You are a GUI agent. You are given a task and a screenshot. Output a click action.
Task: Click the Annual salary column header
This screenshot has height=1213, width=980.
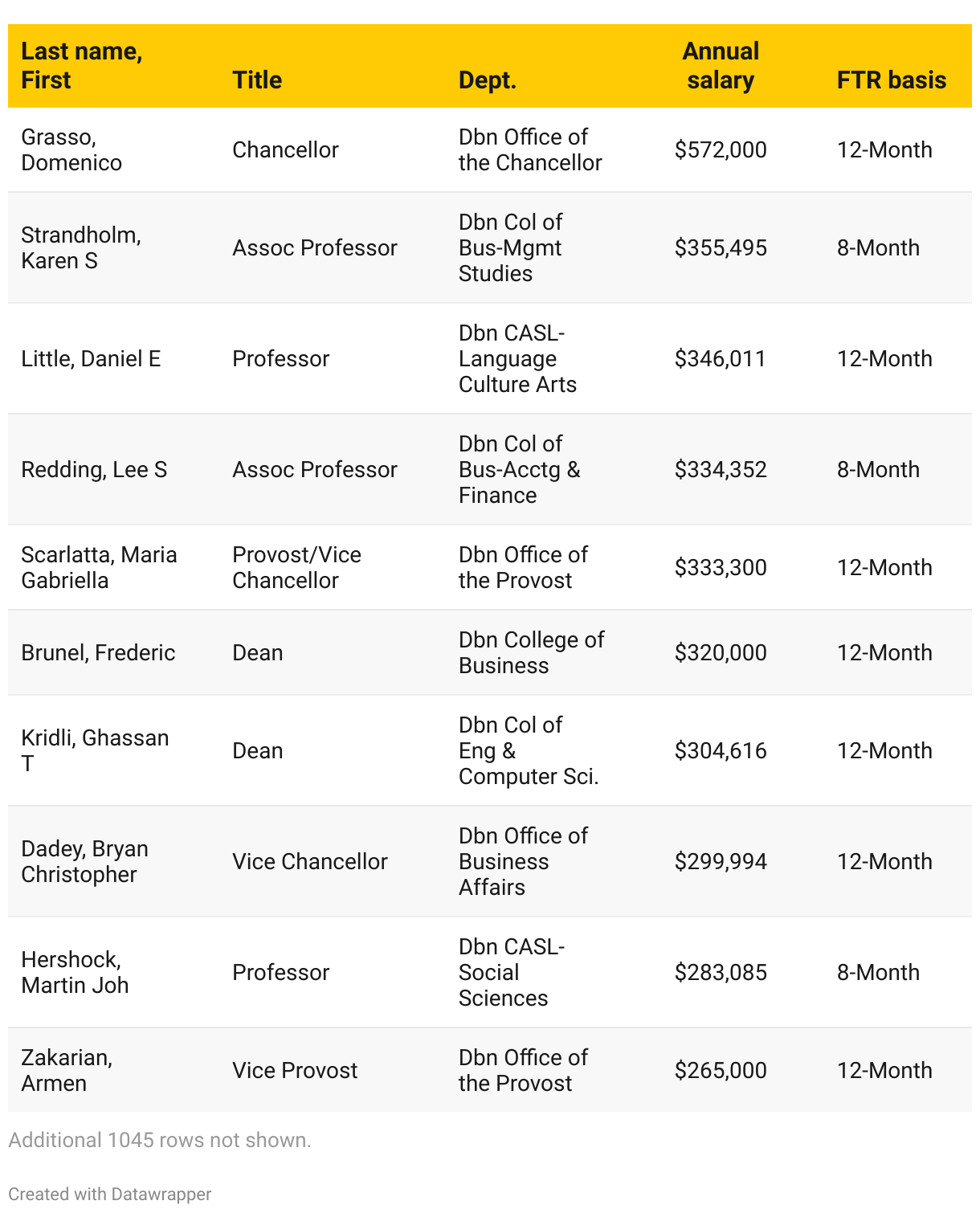pyautogui.click(x=720, y=66)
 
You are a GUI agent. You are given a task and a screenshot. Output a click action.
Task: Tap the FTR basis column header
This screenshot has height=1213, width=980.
pyautogui.click(x=891, y=80)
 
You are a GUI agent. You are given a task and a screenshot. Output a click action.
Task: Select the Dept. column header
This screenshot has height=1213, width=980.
pyautogui.click(x=487, y=80)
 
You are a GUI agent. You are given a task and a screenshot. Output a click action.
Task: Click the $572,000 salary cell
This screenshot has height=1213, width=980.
pyautogui.click(x=720, y=150)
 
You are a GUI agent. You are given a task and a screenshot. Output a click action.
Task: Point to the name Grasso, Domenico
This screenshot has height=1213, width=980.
pyautogui.click(x=71, y=150)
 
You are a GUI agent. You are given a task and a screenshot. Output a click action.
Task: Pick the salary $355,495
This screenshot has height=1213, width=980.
pyautogui.click(x=720, y=248)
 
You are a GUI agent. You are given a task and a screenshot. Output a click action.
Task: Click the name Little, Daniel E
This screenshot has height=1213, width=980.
pyautogui.click(x=91, y=359)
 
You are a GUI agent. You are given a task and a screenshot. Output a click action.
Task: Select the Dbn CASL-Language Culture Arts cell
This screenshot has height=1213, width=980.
pyautogui.click(x=517, y=359)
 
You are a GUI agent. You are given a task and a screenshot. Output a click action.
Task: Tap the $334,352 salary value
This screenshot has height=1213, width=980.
pyautogui.click(x=720, y=470)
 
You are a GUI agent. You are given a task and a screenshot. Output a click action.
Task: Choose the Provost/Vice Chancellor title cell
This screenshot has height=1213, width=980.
pyautogui.click(x=296, y=568)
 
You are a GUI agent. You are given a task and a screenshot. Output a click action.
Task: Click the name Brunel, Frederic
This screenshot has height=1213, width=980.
pyautogui.click(x=98, y=653)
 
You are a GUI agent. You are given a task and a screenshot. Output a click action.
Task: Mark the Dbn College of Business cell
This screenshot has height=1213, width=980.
pyautogui.click(x=531, y=653)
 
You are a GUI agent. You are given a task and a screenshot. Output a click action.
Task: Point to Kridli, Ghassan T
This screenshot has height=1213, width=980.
pyautogui.click(x=95, y=751)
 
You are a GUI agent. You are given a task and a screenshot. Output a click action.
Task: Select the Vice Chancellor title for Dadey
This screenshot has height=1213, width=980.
pyautogui.click(x=309, y=862)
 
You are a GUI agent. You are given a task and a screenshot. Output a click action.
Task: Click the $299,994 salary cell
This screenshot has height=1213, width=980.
pyautogui.click(x=720, y=862)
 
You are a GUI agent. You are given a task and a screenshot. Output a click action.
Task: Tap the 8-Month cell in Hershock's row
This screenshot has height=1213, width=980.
pyautogui.click(x=878, y=973)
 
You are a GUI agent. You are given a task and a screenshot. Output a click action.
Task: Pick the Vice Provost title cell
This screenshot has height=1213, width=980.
pyautogui.click(x=295, y=1071)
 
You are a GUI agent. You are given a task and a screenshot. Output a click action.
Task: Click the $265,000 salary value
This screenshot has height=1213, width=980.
pyautogui.click(x=720, y=1071)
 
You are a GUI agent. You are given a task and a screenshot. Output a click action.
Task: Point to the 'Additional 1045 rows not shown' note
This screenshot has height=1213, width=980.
pyautogui.click(x=160, y=1141)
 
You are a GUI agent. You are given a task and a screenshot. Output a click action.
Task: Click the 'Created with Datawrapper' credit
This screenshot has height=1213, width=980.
pyautogui.click(x=110, y=1195)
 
